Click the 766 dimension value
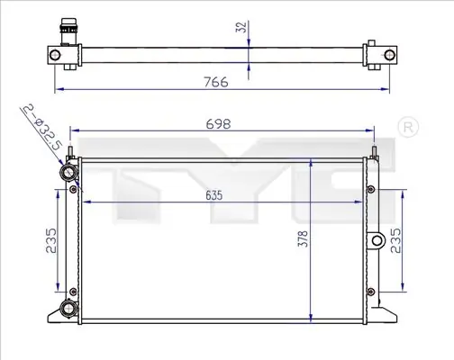[216, 82]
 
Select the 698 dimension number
[218, 124]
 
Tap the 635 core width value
[214, 195]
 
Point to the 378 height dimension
[303, 238]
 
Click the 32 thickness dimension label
[242, 27]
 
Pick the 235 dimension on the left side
[51, 240]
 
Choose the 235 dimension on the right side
[395, 240]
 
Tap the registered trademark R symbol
[408, 127]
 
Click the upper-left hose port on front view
[68, 172]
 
